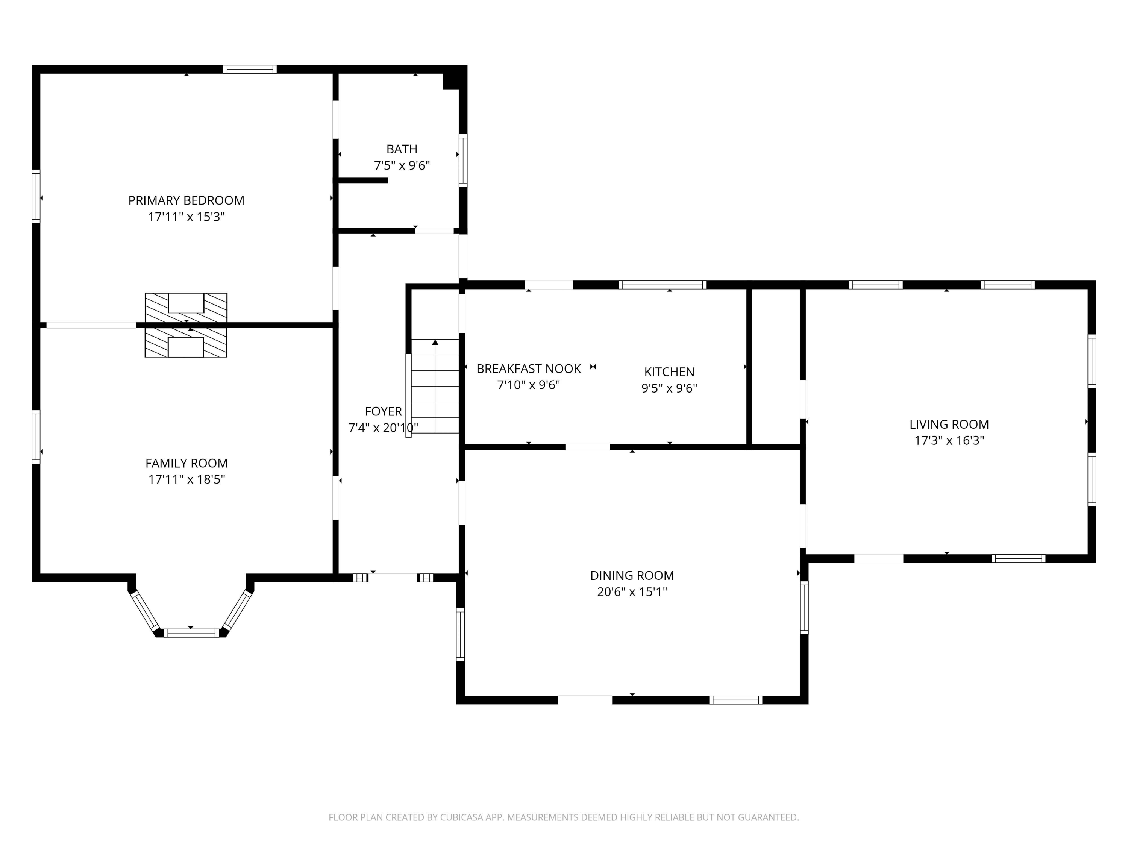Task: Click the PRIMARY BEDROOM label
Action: click(186, 200)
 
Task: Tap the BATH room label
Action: click(402, 149)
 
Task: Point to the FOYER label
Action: click(384, 411)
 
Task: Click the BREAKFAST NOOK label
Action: click(529, 369)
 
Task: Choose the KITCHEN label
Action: click(669, 372)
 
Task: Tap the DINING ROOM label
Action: click(632, 575)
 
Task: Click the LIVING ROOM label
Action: click(949, 424)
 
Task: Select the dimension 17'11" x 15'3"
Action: click(186, 217)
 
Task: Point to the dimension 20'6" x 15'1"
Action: click(632, 591)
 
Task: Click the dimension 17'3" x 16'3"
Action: click(949, 440)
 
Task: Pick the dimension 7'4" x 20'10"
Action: click(384, 428)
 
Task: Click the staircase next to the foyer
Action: click(435, 386)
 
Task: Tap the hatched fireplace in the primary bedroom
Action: click(186, 308)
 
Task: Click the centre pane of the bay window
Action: click(191, 633)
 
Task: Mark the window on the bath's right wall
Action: click(463, 161)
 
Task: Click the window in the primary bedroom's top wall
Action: click(250, 69)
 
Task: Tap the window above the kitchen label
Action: click(663, 285)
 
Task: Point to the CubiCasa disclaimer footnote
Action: click(564, 817)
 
